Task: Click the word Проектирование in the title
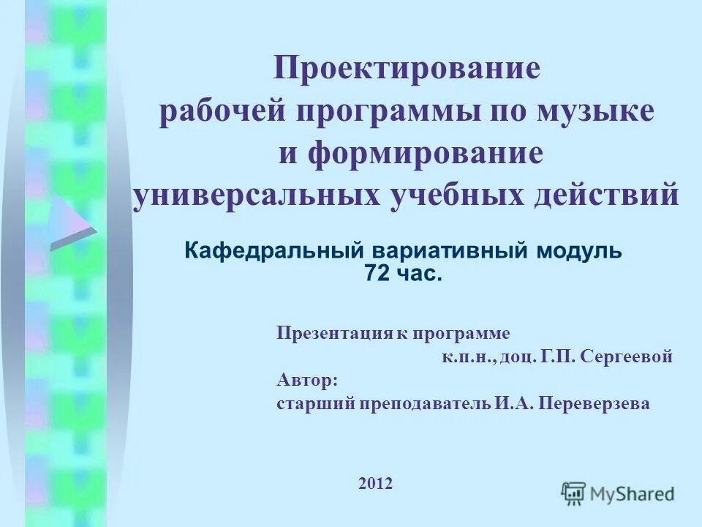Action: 407,70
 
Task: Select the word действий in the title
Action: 615,196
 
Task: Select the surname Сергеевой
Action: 625,356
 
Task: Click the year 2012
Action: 376,483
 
